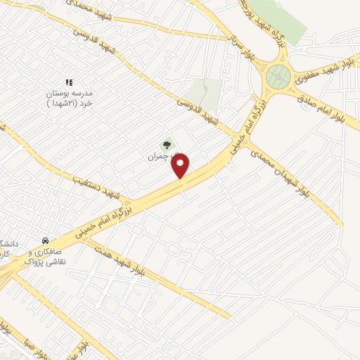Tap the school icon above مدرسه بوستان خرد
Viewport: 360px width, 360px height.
[x=69, y=83]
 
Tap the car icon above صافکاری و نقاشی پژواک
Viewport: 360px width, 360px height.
[x=45, y=240]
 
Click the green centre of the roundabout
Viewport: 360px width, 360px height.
[x=278, y=74]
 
